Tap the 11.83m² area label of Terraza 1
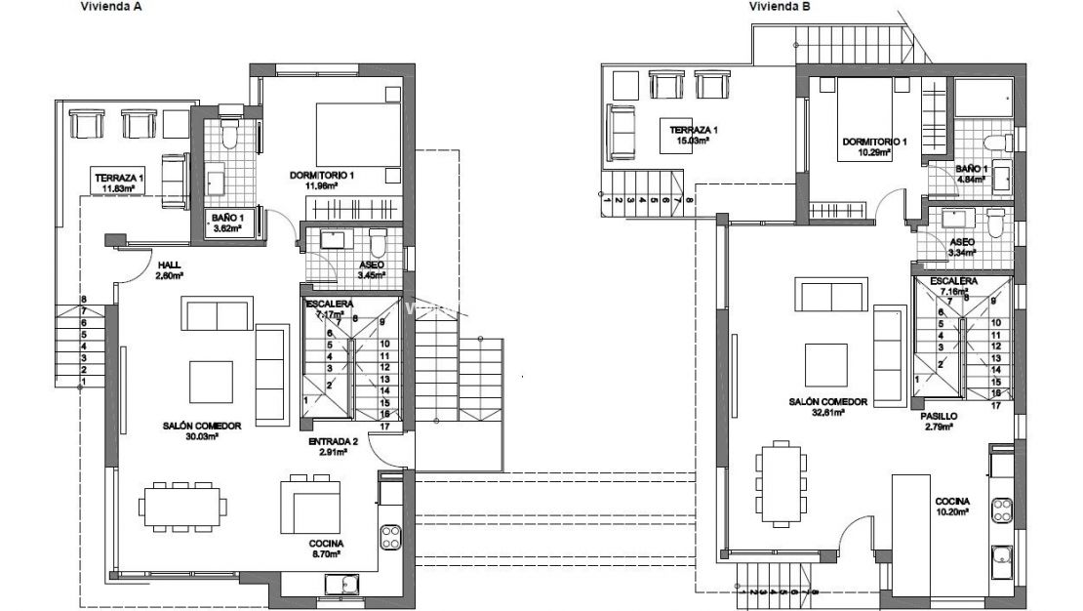pyautogui.click(x=118, y=189)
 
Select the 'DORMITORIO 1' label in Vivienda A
pyautogui.click(x=322, y=176)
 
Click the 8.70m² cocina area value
pyautogui.click(x=327, y=554)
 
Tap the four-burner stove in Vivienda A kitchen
pyautogui.click(x=391, y=535)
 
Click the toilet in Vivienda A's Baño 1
pyautogui.click(x=229, y=135)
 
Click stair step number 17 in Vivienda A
pyautogui.click(x=385, y=426)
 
